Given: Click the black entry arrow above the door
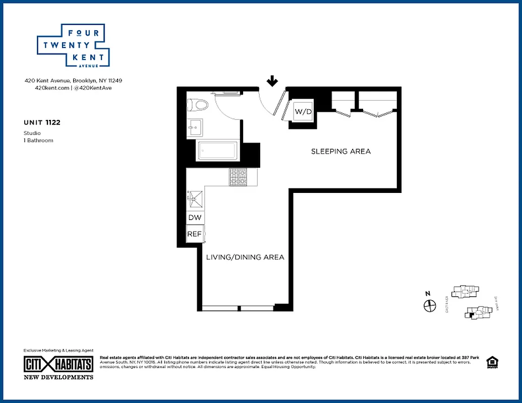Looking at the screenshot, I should (x=272, y=81).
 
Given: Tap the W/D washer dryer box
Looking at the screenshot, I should (x=303, y=111).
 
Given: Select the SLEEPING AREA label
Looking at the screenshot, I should (x=340, y=151).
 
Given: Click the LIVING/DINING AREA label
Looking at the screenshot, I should (x=245, y=257).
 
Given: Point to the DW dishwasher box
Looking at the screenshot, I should (x=195, y=218).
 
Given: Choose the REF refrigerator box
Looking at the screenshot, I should (x=195, y=234).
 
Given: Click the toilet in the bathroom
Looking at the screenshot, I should (x=197, y=105).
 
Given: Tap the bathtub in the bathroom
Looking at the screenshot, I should (x=217, y=150).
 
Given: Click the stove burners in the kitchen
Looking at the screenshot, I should (x=239, y=177).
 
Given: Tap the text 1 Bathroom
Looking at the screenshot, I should (x=38, y=141).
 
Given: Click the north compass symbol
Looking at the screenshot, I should (x=429, y=305).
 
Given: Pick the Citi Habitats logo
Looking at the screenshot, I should (x=59, y=364).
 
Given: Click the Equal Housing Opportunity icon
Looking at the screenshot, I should (x=491, y=362).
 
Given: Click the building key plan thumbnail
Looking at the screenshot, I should (x=471, y=302).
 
